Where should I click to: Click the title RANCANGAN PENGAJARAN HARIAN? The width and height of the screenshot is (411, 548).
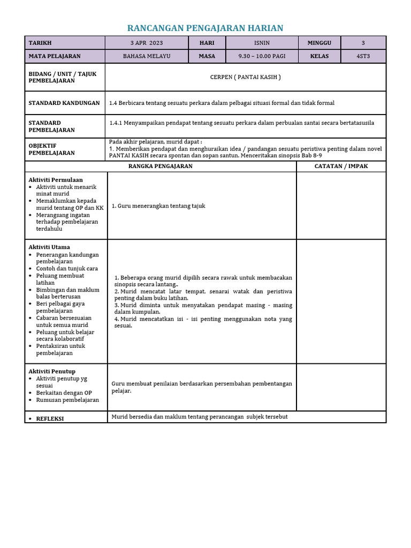click(205, 28)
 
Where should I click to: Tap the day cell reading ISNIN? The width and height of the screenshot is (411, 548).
click(265, 43)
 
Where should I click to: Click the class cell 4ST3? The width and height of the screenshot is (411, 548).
click(363, 56)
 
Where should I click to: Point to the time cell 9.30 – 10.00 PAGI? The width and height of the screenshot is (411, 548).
click(265, 56)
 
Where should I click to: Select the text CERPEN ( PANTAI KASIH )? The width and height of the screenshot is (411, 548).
click(245, 77)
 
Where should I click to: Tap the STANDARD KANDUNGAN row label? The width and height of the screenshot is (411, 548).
click(64, 103)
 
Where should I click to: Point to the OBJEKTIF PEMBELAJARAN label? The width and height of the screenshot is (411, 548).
click(52, 149)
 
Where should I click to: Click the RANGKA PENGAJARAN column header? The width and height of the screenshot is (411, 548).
click(160, 166)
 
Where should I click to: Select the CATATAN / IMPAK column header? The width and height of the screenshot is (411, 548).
click(341, 166)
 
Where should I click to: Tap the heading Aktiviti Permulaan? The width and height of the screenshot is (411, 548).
click(56, 180)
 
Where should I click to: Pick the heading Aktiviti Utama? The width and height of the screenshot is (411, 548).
click(49, 247)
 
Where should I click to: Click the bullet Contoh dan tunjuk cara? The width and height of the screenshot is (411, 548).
click(67, 269)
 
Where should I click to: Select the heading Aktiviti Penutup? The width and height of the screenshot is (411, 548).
click(52, 371)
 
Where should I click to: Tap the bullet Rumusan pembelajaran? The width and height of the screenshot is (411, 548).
click(67, 400)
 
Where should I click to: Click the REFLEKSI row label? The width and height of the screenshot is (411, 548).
click(50, 418)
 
